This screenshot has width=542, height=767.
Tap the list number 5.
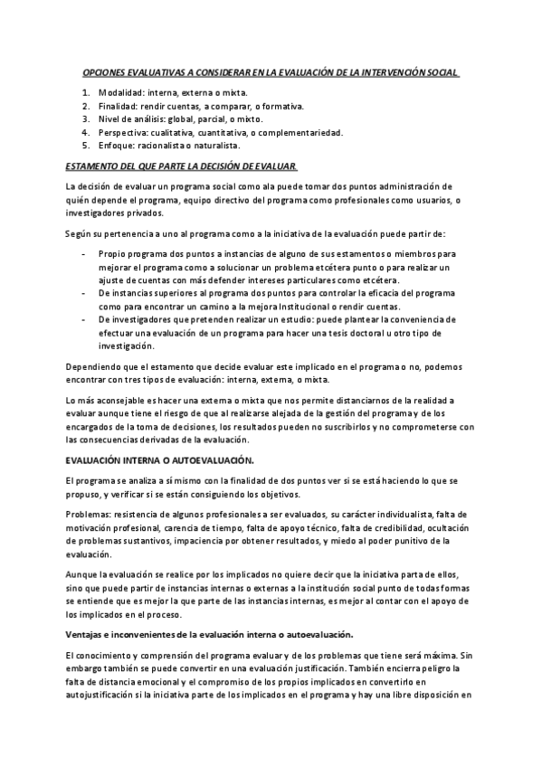click(x=85, y=145)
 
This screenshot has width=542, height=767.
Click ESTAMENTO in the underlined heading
click(x=93, y=166)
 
